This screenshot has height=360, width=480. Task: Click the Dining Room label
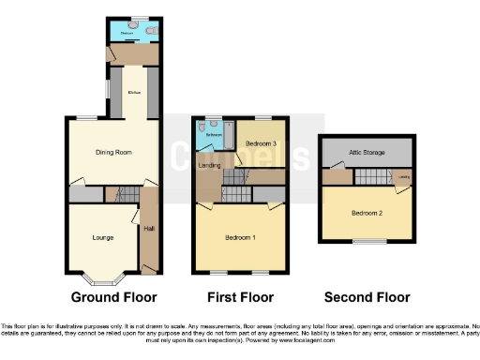pyautogui.click(x=112, y=151)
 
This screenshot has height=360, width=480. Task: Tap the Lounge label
pyautogui.click(x=103, y=237)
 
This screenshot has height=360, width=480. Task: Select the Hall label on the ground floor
pyautogui.click(x=149, y=228)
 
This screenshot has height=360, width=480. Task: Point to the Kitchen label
pyautogui.click(x=134, y=92)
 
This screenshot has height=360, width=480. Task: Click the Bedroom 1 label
pyautogui.click(x=239, y=237)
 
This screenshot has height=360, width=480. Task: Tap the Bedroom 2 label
pyautogui.click(x=367, y=213)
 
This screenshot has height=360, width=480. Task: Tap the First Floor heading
pyautogui.click(x=239, y=297)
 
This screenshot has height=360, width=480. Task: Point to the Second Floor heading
pyautogui.click(x=367, y=297)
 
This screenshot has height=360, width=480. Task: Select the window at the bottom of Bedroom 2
pyautogui.click(x=367, y=242)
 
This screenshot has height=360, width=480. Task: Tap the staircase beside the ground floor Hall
pyautogui.click(x=125, y=194)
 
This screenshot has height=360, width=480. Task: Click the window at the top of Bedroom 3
pyautogui.click(x=258, y=118)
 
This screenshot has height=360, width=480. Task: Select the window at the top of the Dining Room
pyautogui.click(x=86, y=117)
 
